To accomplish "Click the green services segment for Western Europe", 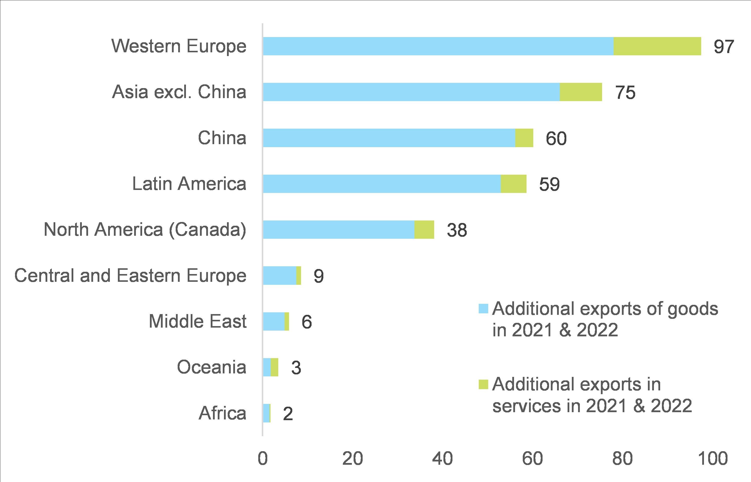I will pos(657,46).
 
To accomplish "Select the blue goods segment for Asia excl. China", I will pos(411,92).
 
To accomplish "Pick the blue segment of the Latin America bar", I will pos(382,184).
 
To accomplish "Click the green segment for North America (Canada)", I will pos(424,229).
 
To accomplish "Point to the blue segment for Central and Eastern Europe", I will pos(280,276).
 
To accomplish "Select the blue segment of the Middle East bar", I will pos(274,321).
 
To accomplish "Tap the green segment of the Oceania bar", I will pos(275,367).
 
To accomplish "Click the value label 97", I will pos(723,47).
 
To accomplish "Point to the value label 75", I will pos(625,93).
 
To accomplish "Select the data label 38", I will pos(457,230).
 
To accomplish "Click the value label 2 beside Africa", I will pos(288,414).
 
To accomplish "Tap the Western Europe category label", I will pos(179,46).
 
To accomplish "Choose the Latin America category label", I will pos(189,184).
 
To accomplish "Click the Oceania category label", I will pos(211,367).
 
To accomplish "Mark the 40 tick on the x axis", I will pos(442,459).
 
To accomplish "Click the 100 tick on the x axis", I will pos(713,459).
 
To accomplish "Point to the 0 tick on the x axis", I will pos(263,459).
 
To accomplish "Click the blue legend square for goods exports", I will pos(483,309).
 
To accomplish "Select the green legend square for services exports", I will pos(483,384).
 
